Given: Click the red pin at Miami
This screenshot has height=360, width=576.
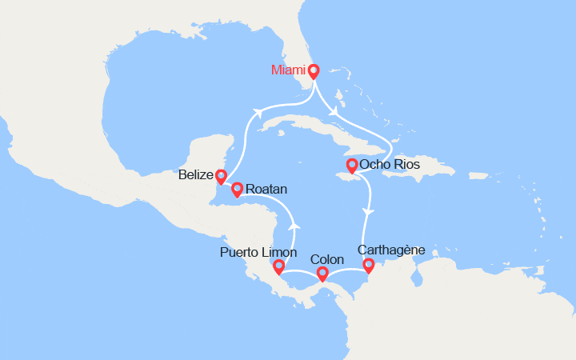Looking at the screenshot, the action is pos(314,70).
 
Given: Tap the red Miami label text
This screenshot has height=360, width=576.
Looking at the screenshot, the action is pos(288,70).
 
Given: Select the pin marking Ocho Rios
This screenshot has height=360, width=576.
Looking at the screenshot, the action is pos(351,166).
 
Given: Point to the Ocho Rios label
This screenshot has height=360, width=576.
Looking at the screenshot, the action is pos(389,166).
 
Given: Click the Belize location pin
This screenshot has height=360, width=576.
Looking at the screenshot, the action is pos(221,175).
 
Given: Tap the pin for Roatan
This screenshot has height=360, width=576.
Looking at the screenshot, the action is pos(237,189).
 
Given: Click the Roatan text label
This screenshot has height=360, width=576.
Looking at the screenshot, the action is pos(266,190).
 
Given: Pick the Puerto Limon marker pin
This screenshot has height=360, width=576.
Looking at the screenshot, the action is pos(278,266).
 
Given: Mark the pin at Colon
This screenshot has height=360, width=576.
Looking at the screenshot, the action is pos(322,274).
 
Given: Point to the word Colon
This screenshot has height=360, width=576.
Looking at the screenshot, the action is pos(326,259).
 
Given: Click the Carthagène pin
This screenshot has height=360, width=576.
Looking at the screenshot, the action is pos(368,265).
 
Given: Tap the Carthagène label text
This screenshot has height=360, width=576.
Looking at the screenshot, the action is pos(392,250).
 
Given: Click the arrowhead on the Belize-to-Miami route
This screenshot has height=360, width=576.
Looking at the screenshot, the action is pos(258,113).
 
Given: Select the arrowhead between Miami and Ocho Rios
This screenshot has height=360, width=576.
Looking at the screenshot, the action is pos(331,110).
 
